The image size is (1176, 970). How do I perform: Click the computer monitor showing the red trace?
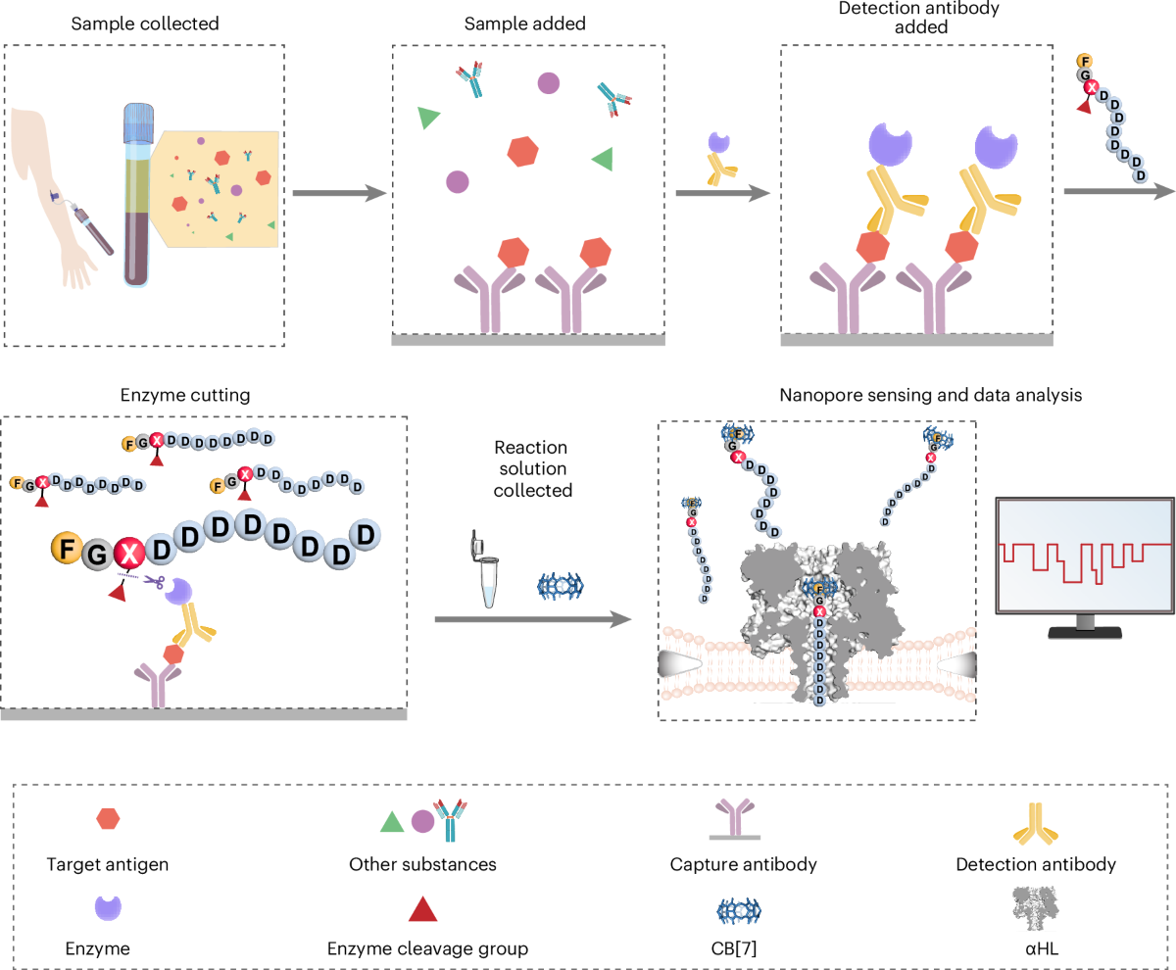click(1084, 563)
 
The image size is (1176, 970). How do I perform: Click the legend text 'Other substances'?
click(422, 864)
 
